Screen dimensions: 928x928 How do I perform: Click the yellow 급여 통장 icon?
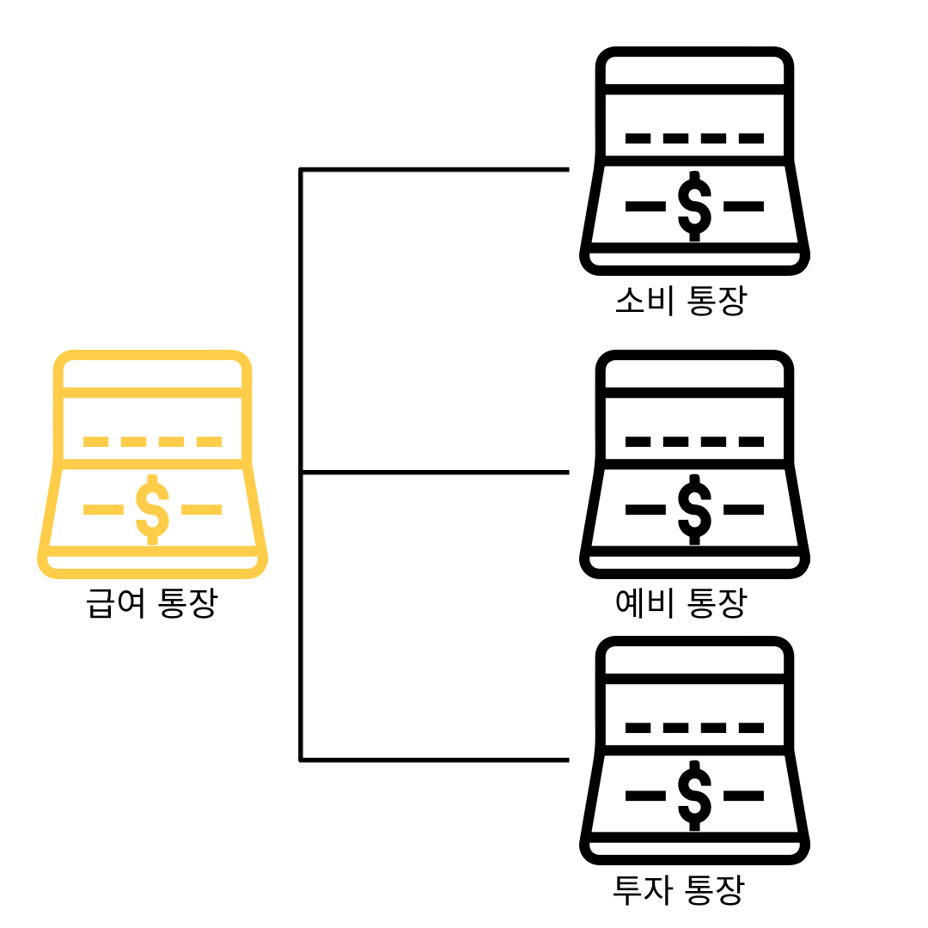pos(153,464)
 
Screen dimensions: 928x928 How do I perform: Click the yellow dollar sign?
pos(153,510)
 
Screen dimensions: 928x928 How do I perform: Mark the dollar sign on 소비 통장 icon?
pos(694,206)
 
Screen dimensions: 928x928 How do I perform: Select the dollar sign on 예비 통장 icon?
pos(694,510)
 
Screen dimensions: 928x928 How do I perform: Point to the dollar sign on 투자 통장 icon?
pos(694,796)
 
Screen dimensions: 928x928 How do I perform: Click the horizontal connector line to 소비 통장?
pos(434,169)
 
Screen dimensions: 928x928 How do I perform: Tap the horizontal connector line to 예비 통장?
pos(434,472)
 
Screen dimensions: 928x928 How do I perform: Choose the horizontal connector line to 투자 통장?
pos(434,760)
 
